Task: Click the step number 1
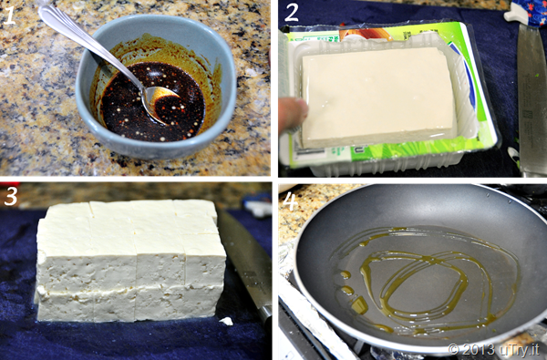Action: [x=9, y=15]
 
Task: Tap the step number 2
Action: [x=292, y=13]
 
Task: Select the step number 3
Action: [x=10, y=196]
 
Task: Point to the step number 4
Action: [x=290, y=201]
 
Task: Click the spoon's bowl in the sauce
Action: [x=161, y=105]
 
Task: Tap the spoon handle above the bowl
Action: [x=88, y=45]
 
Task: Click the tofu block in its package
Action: [x=377, y=96]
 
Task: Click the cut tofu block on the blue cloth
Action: [x=130, y=260]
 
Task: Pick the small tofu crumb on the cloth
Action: [x=226, y=321]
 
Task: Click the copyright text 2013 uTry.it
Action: [x=493, y=349]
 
